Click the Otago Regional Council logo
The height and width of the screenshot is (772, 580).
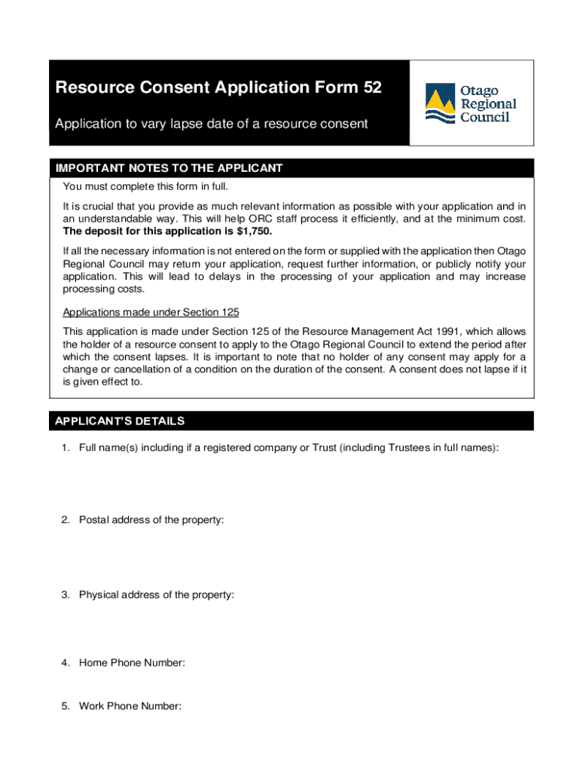tap(472, 103)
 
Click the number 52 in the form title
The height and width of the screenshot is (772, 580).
tap(372, 88)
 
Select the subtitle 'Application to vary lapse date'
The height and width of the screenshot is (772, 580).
tap(212, 124)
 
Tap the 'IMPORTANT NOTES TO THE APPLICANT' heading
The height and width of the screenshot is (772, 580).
tap(169, 168)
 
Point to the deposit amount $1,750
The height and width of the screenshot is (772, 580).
tap(253, 231)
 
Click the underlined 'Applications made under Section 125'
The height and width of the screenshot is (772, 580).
tap(151, 312)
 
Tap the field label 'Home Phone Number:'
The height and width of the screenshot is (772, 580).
tap(132, 663)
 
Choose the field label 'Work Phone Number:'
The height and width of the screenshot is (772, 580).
tap(130, 706)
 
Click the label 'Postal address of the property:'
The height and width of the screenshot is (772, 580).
tap(151, 520)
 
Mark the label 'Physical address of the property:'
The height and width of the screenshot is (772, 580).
tap(156, 595)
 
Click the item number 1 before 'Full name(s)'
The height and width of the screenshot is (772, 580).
tap(66, 448)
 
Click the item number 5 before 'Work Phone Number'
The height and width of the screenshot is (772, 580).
tap(66, 706)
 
